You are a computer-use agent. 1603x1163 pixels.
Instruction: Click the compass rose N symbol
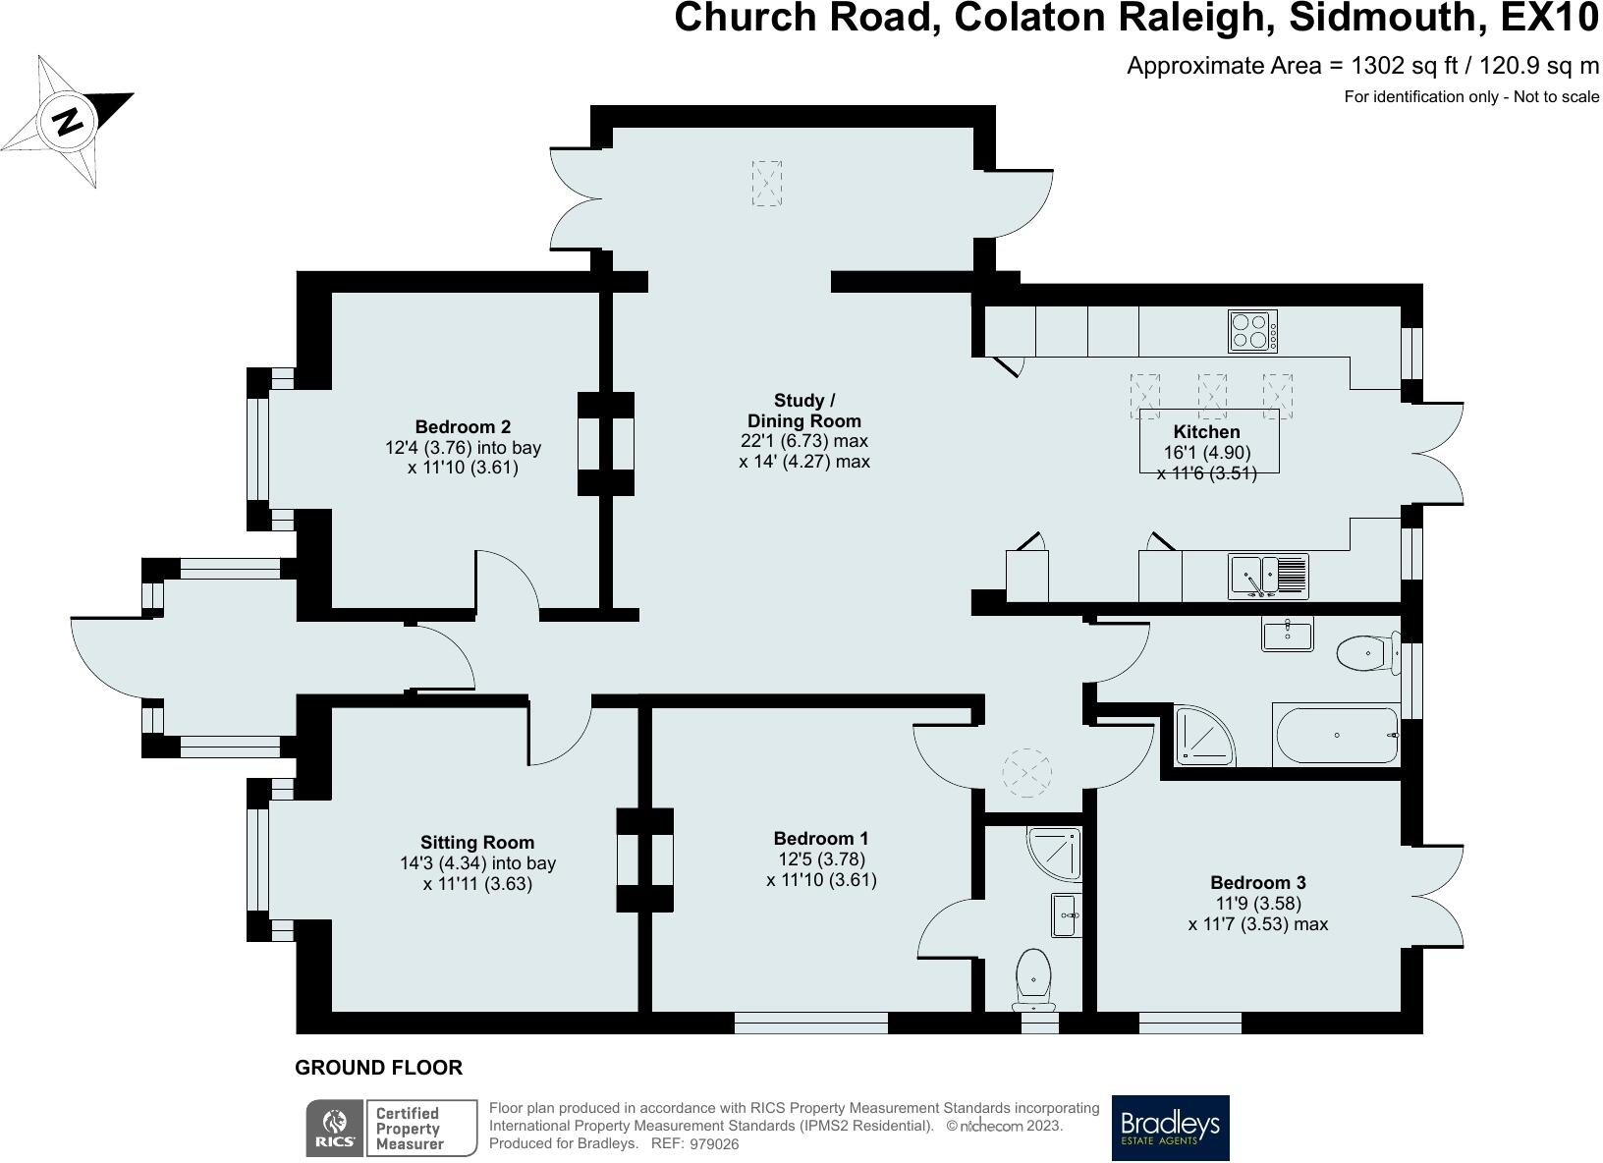(68, 122)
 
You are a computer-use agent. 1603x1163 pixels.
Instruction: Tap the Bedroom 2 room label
(463, 427)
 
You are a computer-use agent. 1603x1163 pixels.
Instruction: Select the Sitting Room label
(477, 843)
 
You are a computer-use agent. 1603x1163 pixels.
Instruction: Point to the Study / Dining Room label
(804, 411)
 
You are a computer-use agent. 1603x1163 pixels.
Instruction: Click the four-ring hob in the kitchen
(1252, 331)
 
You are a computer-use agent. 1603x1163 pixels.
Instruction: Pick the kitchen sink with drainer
(1269, 577)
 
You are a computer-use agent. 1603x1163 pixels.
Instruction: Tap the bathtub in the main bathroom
(1336, 735)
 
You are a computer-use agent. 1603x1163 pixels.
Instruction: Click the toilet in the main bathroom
(1368, 652)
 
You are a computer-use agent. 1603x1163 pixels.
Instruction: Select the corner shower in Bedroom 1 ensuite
(1053, 854)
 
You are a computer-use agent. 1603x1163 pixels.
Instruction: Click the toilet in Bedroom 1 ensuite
(1033, 979)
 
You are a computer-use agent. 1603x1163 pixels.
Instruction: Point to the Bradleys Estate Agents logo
(1170, 1128)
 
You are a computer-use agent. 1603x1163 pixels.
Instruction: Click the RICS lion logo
(334, 1128)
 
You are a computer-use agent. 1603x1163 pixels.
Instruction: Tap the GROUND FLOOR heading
(378, 1068)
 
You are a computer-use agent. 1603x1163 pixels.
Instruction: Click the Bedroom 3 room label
(1258, 882)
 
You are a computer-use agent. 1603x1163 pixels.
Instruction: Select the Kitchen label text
(1206, 431)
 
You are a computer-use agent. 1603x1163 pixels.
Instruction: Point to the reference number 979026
(713, 1143)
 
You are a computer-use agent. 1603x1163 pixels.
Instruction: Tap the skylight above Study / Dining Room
(766, 184)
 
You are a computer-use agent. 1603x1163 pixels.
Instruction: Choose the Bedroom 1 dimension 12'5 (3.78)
(821, 858)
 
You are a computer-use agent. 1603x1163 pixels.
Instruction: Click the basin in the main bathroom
(1288, 635)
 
